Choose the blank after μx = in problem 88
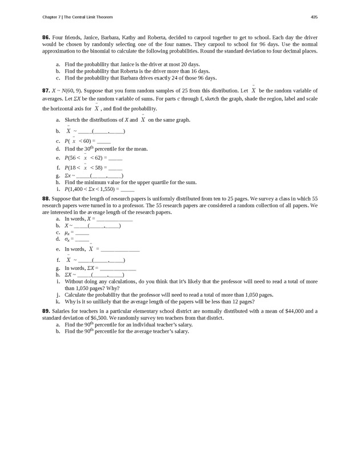coord(82,233)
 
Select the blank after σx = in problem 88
coord(82,239)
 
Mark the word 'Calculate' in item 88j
coord(76,295)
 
